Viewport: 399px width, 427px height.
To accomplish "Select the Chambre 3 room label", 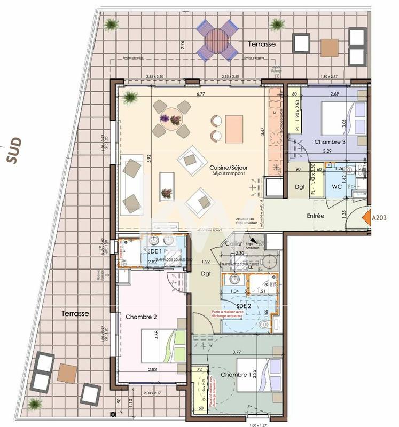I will (x=330, y=142).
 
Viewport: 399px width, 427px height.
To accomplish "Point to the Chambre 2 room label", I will (x=141, y=317).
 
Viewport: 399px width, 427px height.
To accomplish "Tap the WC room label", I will (x=337, y=187).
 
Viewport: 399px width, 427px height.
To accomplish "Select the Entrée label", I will (x=316, y=216).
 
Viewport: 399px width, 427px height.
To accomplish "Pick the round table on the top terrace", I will (x=216, y=39).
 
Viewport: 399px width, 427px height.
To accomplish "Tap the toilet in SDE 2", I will (x=264, y=323).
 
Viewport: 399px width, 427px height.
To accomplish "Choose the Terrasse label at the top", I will (x=262, y=44).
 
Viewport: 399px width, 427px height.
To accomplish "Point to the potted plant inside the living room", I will (x=129, y=97).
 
